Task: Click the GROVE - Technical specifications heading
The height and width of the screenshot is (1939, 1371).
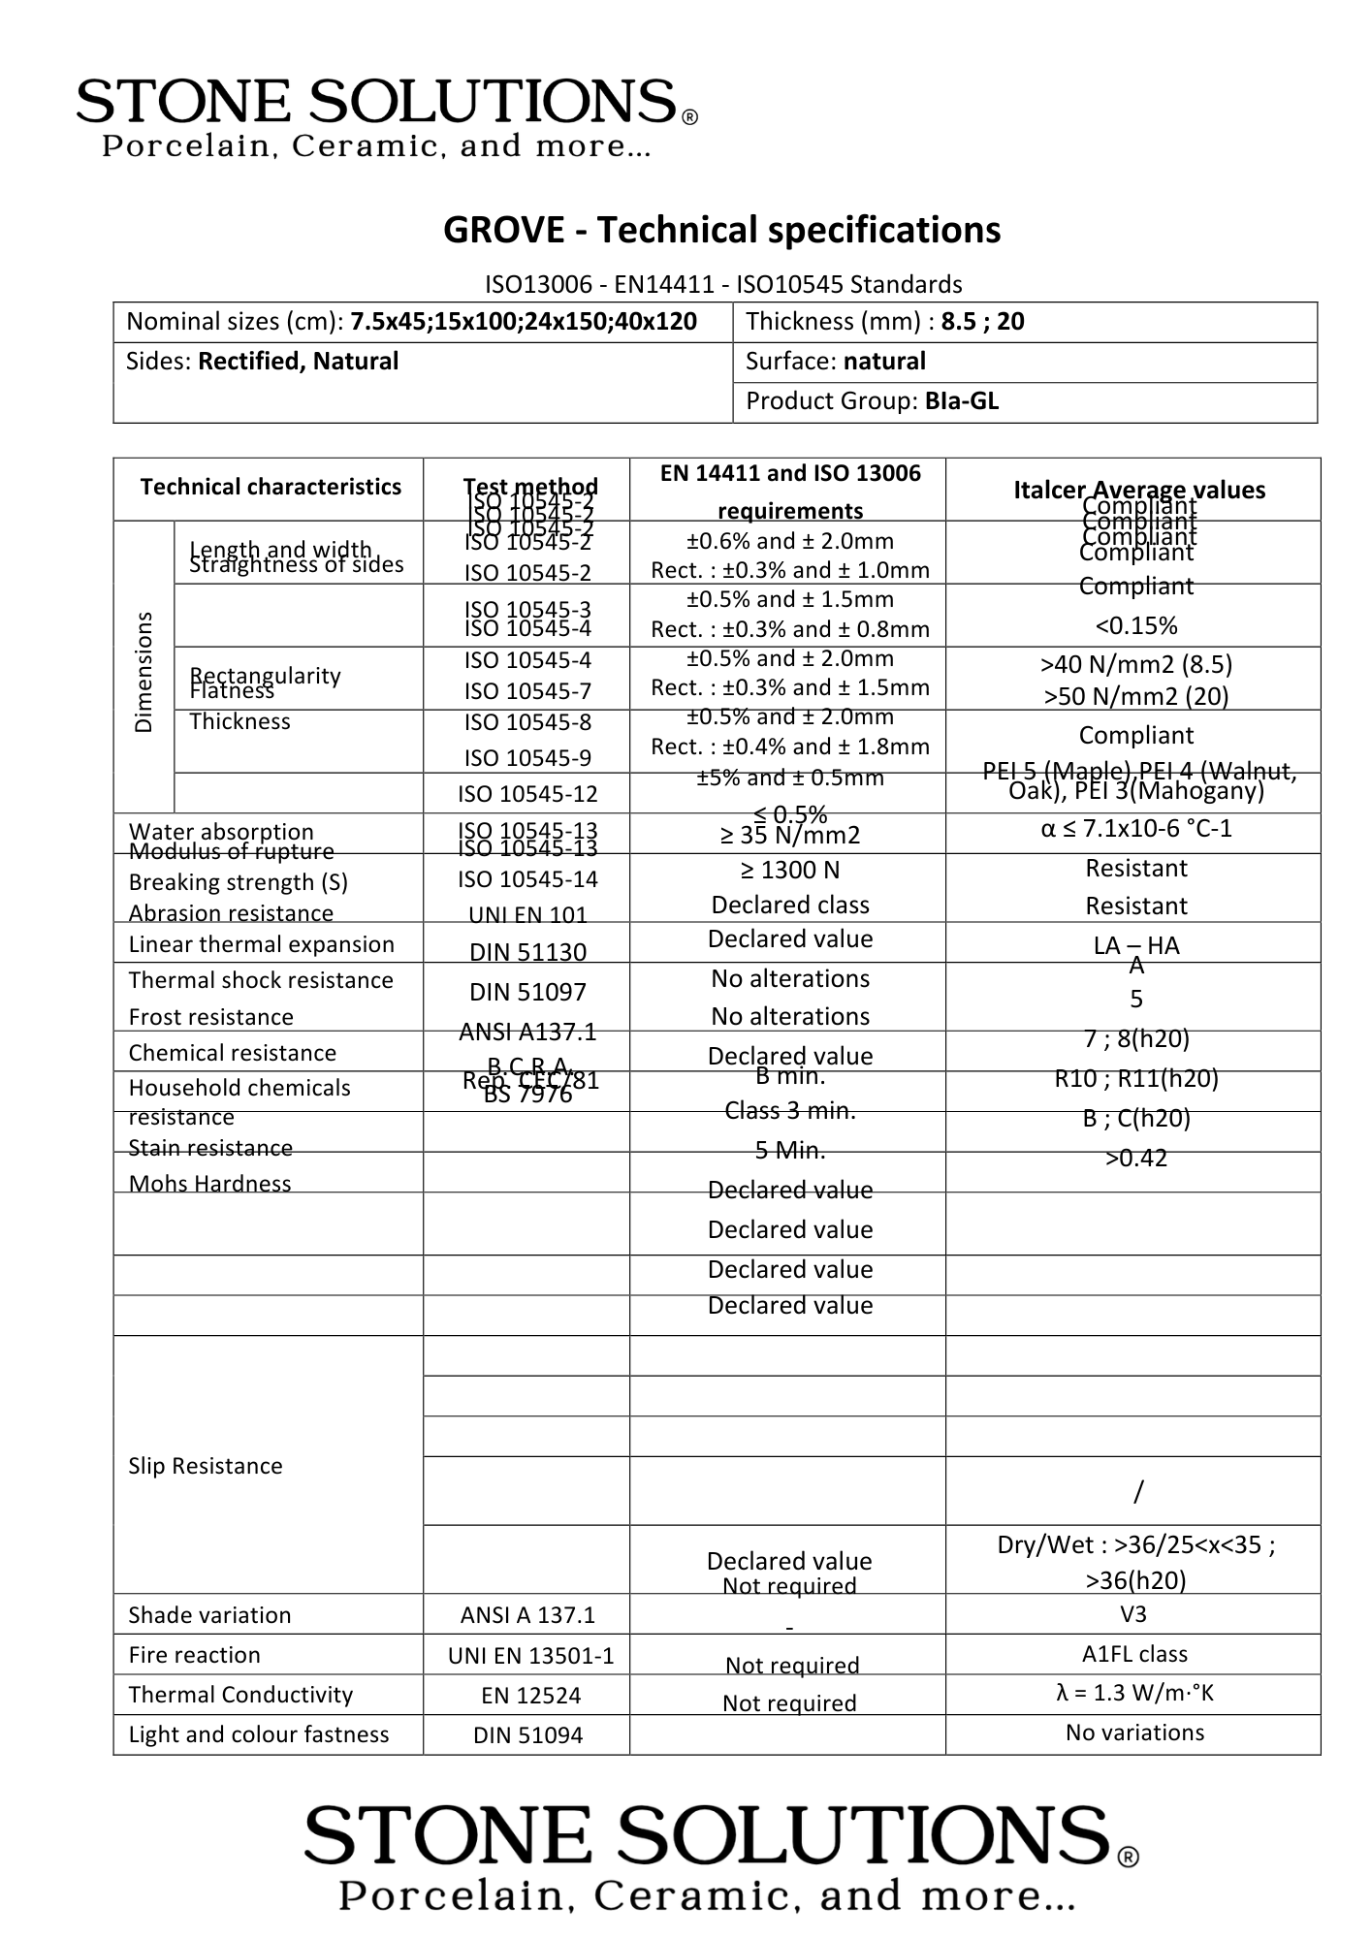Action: [721, 231]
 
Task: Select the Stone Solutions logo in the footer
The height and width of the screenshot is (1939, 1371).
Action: [721, 1858]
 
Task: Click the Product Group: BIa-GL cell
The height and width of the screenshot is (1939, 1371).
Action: [872, 401]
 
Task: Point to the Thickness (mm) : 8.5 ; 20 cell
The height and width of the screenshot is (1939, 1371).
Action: [884, 321]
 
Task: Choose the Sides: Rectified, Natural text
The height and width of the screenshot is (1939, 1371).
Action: [263, 362]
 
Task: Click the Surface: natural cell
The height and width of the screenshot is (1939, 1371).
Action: [835, 362]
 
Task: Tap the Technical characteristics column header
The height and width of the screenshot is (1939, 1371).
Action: [271, 487]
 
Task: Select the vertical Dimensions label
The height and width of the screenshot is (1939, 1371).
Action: [143, 672]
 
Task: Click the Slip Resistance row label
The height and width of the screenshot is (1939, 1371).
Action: [206, 1466]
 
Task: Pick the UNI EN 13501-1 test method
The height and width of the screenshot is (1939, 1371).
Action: [530, 1656]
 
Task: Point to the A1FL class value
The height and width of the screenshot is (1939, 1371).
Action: [1135, 1654]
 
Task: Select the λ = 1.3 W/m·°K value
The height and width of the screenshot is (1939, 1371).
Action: [1134, 1694]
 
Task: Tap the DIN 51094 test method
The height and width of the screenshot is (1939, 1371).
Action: [527, 1735]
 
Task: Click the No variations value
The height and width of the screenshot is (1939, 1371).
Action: [1134, 1732]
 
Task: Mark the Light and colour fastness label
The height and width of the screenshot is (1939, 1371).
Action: [259, 1734]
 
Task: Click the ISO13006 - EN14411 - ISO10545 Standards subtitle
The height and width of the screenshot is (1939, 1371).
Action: [723, 284]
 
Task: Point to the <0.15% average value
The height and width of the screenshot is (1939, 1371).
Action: [1135, 626]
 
